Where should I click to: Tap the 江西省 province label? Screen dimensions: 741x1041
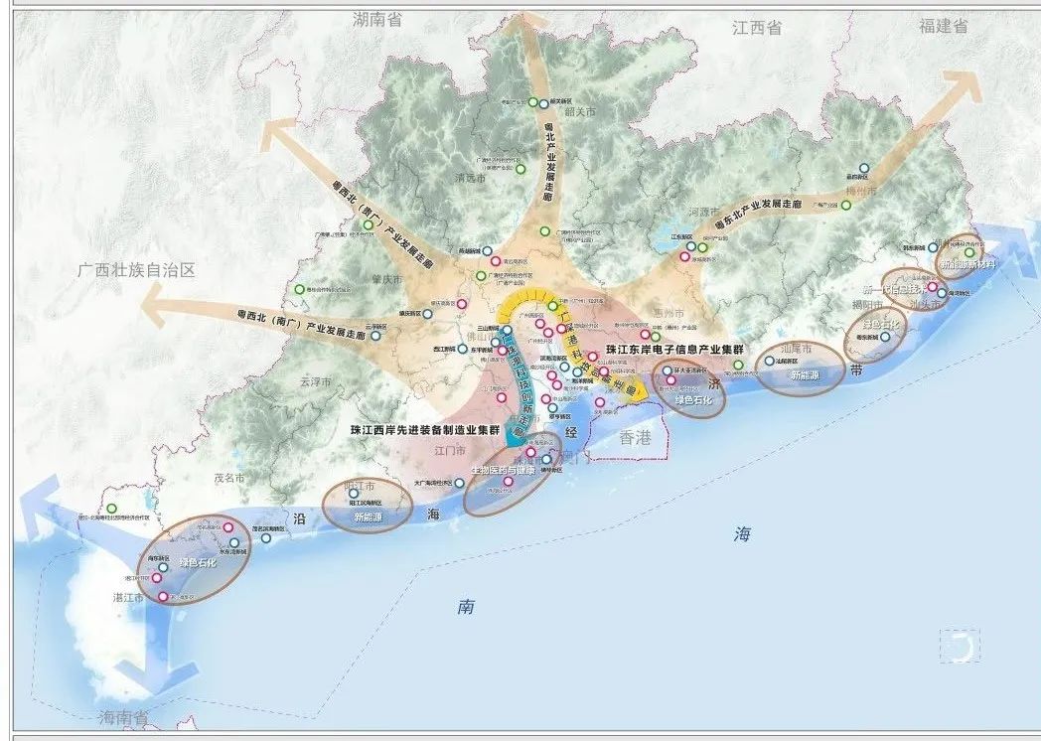757,28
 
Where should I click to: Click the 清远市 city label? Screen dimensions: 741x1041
469,179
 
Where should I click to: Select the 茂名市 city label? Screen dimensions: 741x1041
228,478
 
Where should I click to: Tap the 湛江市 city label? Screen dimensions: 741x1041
128,599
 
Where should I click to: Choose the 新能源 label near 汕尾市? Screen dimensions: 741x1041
804,376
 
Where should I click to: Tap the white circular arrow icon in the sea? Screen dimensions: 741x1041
960,648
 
